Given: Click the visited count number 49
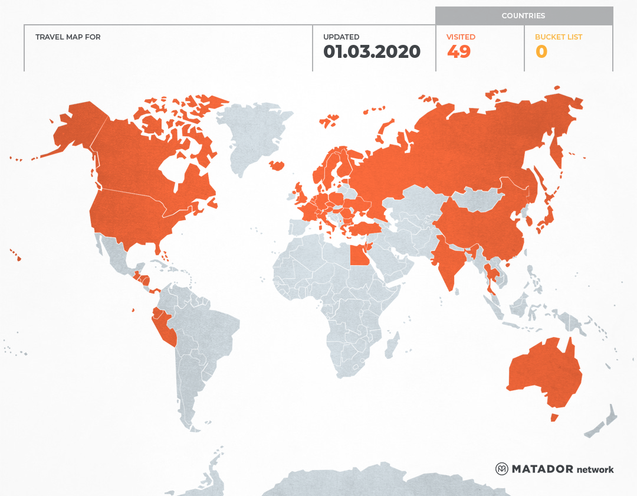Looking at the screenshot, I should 458,52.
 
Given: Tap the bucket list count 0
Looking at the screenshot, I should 541,52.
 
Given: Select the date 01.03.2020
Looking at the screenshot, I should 372,52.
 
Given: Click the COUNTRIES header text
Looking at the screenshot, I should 523,16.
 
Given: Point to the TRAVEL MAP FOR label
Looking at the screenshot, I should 68,37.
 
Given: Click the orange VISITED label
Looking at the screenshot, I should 461,37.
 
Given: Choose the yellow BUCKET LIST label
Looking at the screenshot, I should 558,37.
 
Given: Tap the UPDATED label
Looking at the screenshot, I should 341,37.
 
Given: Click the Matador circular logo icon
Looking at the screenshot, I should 502,469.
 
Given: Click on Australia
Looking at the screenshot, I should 543,372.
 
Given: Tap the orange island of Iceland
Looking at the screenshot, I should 277,165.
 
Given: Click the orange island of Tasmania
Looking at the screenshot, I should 554,417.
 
